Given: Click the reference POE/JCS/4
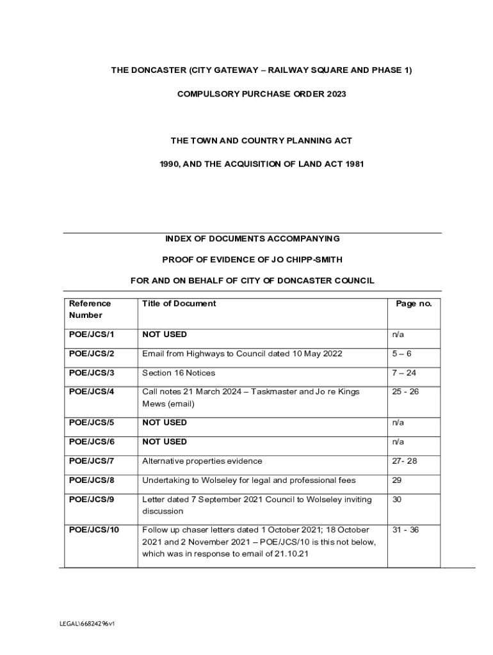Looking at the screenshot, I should (x=92, y=391).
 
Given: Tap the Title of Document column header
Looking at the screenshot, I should (x=179, y=304).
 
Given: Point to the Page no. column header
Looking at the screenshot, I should (x=414, y=304).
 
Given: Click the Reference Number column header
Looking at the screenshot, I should (x=90, y=310).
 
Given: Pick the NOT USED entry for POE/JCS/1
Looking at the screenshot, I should (x=165, y=335).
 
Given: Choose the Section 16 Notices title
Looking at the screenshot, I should (x=179, y=373).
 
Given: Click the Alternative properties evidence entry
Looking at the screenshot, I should (x=202, y=461).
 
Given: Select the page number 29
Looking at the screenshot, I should (x=397, y=480).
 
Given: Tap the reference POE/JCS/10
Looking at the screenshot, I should (x=94, y=530).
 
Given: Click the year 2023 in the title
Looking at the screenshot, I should (x=335, y=94).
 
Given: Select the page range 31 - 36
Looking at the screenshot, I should (x=406, y=530).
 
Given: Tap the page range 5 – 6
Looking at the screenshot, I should (x=402, y=354).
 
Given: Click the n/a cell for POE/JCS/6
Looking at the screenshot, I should (x=398, y=442).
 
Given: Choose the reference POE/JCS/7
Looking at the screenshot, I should (x=92, y=461).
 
